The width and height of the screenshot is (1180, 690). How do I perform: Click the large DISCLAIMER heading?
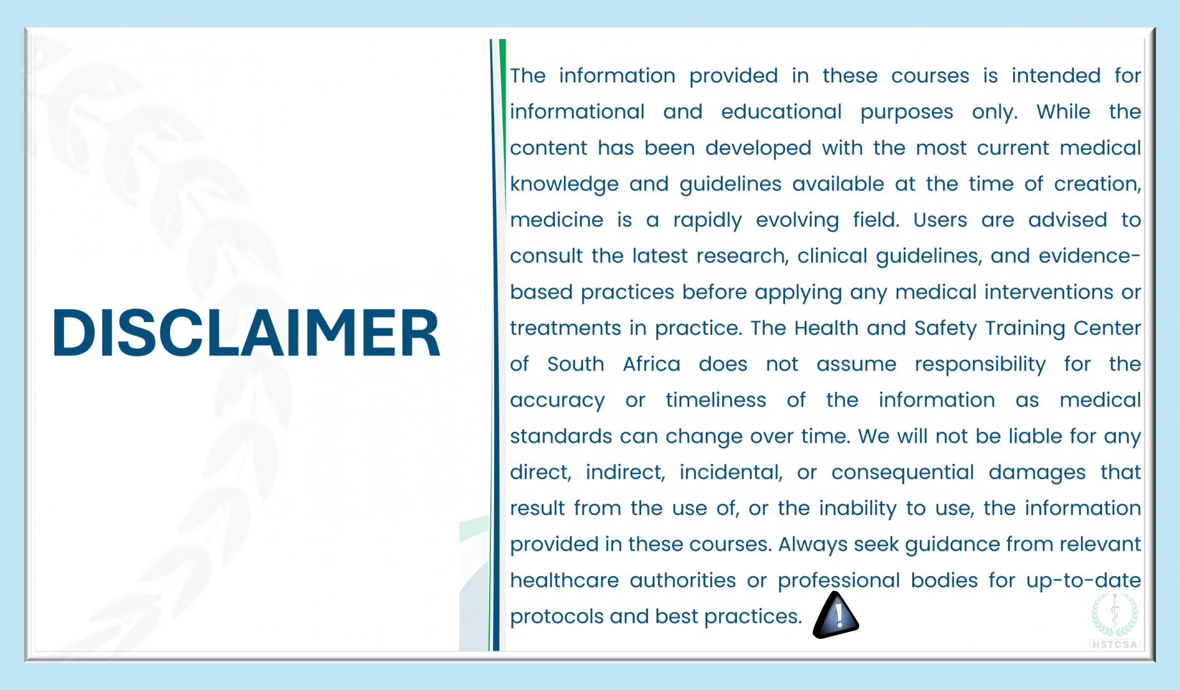[x=246, y=333]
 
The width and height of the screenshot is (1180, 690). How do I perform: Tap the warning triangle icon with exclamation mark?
[x=835, y=615]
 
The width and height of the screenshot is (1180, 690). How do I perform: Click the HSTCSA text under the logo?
[x=1115, y=644]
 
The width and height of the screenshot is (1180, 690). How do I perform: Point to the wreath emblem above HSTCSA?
[x=1115, y=614]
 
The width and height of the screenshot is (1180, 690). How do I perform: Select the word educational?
[x=781, y=112]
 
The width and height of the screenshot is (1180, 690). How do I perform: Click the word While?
[x=1063, y=112]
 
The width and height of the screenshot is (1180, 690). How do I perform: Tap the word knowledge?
[x=564, y=185]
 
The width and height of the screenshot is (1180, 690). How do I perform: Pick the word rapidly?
[x=707, y=220]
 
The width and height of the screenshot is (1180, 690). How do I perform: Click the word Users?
[x=940, y=220]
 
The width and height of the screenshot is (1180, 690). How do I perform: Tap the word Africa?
[x=651, y=364]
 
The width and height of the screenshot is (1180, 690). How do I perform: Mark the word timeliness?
[x=716, y=400]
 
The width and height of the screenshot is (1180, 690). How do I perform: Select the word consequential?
[x=903, y=473]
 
